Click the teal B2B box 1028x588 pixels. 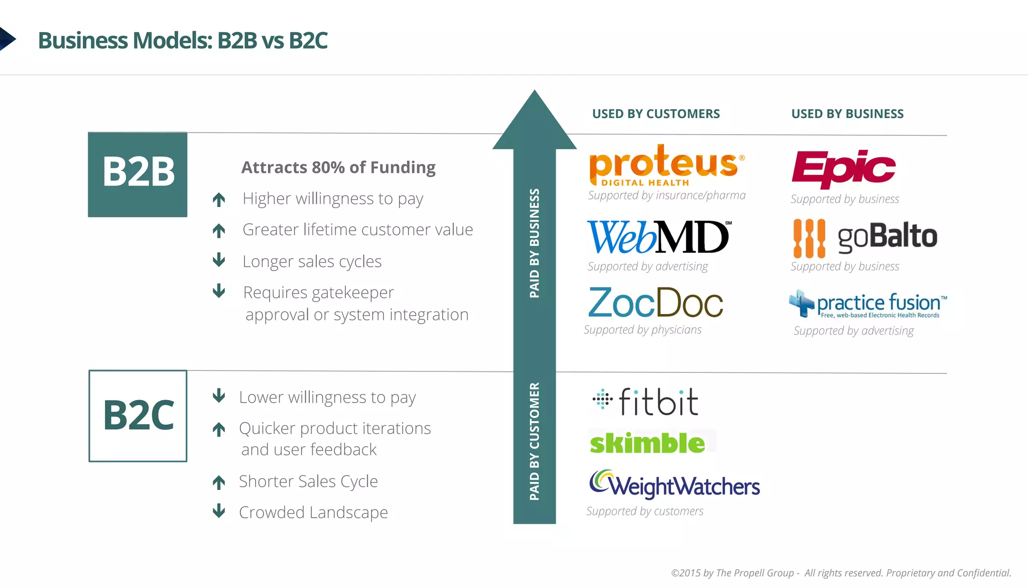(x=138, y=174)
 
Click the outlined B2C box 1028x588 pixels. (x=138, y=416)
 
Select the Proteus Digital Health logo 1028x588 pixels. (x=666, y=166)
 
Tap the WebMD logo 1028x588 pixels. (x=659, y=237)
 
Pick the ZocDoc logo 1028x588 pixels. (x=656, y=303)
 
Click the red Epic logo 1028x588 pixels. (x=843, y=168)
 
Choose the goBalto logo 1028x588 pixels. (x=864, y=237)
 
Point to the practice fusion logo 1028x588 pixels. (x=867, y=304)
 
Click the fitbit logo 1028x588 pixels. (x=646, y=402)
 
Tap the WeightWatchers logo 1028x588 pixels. (x=674, y=485)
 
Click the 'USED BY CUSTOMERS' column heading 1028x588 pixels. (x=656, y=114)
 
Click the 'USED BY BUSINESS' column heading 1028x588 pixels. (x=847, y=114)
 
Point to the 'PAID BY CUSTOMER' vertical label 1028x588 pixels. (x=535, y=441)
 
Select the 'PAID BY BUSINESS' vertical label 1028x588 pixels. (x=535, y=243)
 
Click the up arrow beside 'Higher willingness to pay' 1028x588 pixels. (x=219, y=200)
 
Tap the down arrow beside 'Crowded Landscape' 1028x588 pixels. (x=219, y=511)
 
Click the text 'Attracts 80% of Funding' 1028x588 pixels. (x=338, y=167)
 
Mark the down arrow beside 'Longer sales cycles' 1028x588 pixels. (x=219, y=260)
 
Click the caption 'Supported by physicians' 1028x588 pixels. (x=642, y=330)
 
